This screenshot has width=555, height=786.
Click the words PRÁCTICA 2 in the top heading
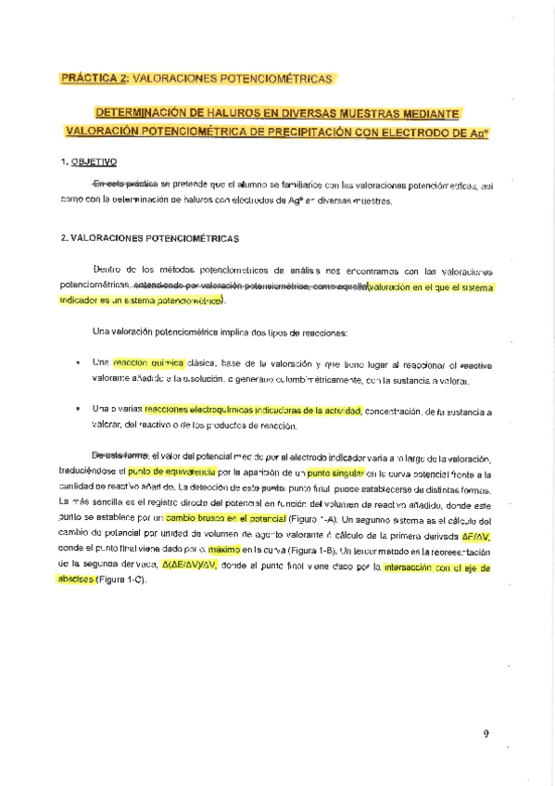point(95,79)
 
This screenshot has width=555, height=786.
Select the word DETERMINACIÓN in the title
point(148,113)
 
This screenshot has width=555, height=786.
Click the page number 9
point(485,734)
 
